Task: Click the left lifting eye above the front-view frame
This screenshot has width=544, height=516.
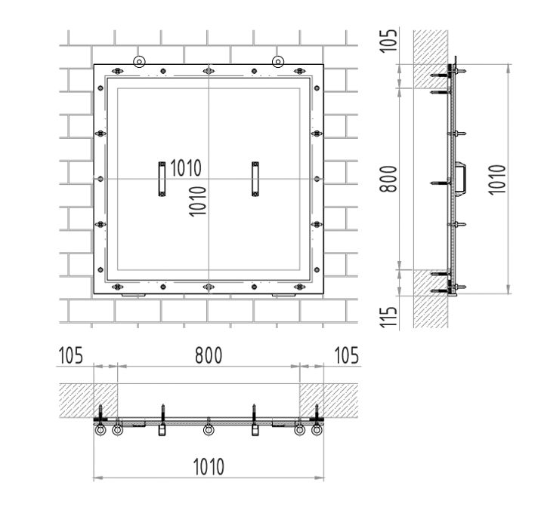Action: [138, 62]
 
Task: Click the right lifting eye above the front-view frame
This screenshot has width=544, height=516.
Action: [278, 62]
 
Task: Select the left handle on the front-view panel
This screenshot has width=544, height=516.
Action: [161, 179]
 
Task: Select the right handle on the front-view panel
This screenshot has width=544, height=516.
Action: [255, 179]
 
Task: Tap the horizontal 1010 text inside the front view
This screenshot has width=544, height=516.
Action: [185, 167]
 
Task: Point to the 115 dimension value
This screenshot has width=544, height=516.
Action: [388, 313]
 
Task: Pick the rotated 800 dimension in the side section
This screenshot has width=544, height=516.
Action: [388, 179]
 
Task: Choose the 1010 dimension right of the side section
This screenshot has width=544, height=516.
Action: [496, 179]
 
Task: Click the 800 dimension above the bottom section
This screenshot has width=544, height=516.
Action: [208, 355]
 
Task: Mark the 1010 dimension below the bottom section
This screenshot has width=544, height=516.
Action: [208, 466]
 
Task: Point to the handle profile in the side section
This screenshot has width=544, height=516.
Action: [462, 179]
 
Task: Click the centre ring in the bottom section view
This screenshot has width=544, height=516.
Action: [209, 431]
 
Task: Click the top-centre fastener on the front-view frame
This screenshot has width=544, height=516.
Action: [209, 72]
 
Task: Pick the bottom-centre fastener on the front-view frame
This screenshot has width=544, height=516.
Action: [209, 287]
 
